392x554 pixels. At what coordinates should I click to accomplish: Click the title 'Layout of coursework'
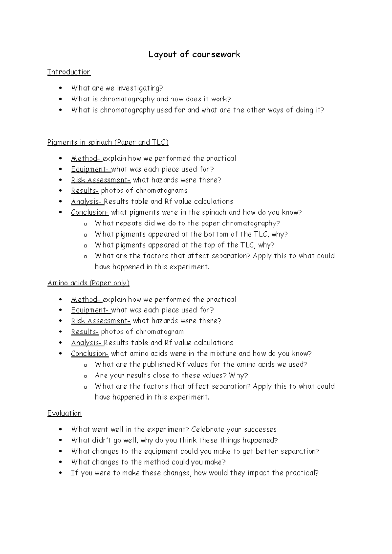point(194,54)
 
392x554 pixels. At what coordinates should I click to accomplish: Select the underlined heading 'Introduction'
point(69,72)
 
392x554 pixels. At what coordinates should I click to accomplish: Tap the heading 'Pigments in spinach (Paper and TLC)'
point(108,142)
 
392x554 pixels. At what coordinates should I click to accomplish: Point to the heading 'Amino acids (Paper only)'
point(88,283)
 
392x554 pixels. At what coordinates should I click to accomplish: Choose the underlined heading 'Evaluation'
point(64,413)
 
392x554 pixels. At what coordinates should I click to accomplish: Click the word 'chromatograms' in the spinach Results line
point(161,191)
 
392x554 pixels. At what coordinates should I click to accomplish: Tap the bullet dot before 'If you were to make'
point(61,473)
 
